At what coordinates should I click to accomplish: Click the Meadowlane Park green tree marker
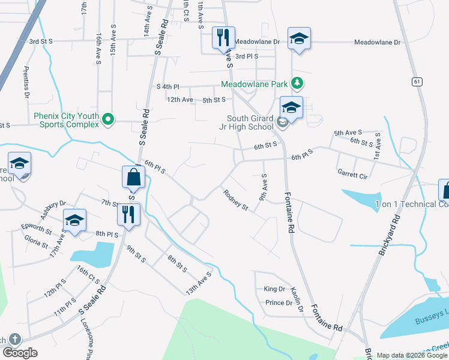click(296, 83)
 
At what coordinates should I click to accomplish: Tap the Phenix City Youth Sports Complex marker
click(109, 119)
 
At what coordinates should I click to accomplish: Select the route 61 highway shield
click(417, 81)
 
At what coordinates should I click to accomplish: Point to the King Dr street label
click(274, 289)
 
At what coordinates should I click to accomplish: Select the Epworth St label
click(36, 229)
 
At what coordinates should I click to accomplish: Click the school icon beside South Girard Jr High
click(291, 107)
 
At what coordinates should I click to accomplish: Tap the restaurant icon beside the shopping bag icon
click(128, 214)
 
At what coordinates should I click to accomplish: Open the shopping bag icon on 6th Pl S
click(133, 177)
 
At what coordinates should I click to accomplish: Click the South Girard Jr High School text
click(250, 122)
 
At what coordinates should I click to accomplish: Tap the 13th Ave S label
click(199, 283)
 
